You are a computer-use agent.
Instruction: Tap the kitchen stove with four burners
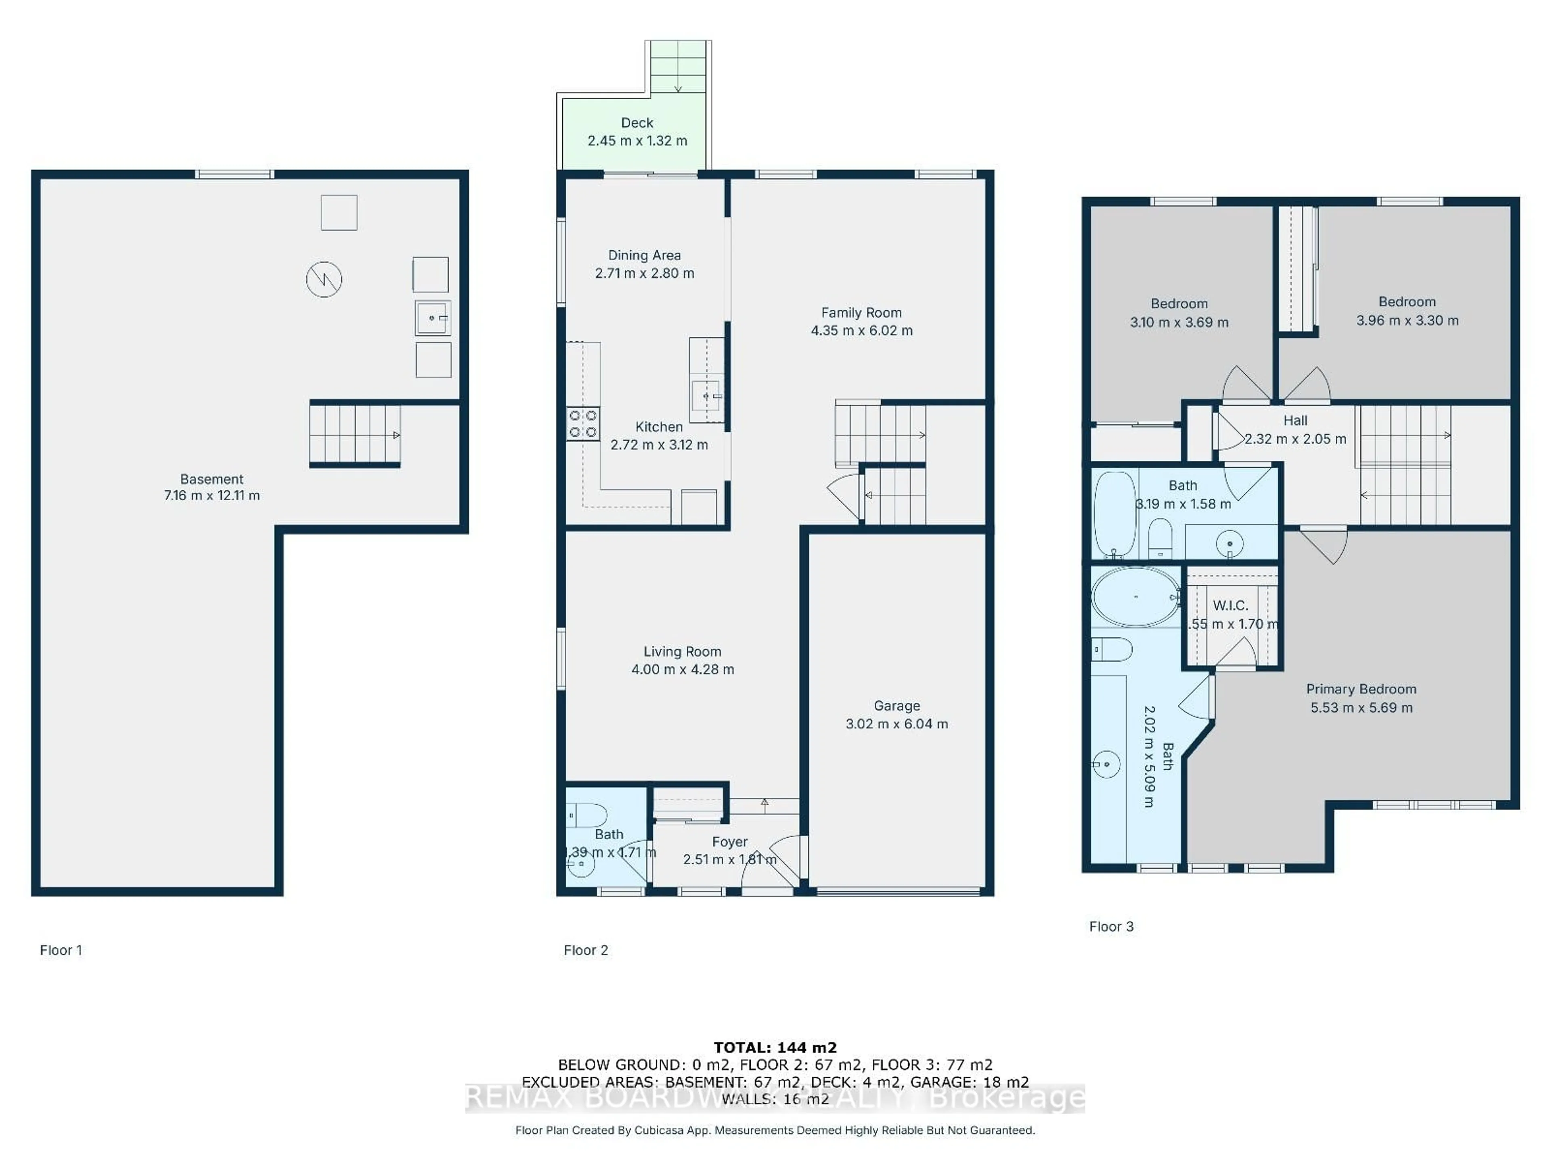(x=582, y=424)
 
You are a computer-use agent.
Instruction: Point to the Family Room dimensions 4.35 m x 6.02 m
(x=861, y=330)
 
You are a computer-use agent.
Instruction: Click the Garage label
(x=896, y=706)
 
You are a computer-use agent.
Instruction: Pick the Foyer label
(x=729, y=842)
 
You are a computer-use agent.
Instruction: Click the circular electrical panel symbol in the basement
(x=324, y=280)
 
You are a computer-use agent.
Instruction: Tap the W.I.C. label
(x=1230, y=605)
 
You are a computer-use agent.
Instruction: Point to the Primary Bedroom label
(x=1361, y=689)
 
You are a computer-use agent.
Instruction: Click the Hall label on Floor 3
(x=1295, y=421)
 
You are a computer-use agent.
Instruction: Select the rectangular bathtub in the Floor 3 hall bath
(x=1114, y=515)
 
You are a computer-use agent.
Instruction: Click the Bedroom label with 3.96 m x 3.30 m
(x=1406, y=302)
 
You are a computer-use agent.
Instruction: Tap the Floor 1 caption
(x=61, y=951)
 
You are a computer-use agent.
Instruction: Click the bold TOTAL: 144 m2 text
(x=775, y=1048)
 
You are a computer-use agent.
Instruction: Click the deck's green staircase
(x=678, y=67)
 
